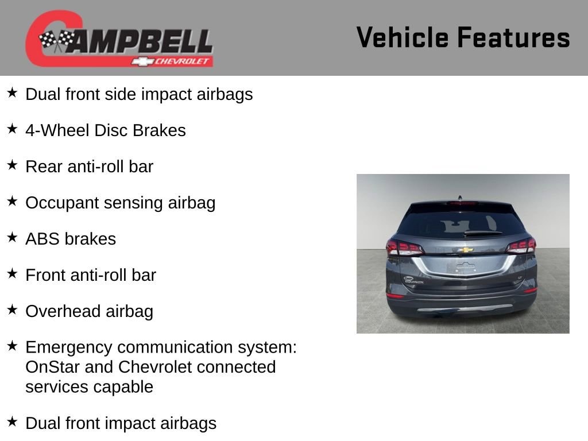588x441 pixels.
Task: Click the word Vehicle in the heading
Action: click(403, 37)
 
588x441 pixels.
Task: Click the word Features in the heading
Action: click(514, 37)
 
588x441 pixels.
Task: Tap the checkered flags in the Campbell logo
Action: click(57, 40)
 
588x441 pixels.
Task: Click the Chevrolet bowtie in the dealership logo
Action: click(142, 61)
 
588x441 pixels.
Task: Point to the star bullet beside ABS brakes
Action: click(13, 237)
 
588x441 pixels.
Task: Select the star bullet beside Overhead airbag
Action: click(13, 310)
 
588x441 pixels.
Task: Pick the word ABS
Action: click(42, 239)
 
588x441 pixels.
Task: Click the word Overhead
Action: click(63, 311)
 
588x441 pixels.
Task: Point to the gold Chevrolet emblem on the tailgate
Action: click(465, 250)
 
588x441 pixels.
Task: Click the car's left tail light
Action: click(404, 248)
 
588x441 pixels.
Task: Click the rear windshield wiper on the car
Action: click(483, 233)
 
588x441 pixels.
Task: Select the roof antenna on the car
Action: click(460, 198)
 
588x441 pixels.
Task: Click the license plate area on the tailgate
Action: click(466, 266)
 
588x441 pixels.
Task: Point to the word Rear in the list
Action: click(44, 167)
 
